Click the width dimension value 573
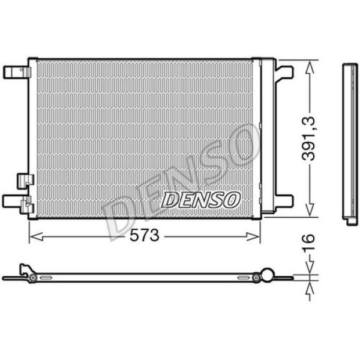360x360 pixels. pyautogui.click(x=145, y=235)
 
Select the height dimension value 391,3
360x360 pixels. pyautogui.click(x=310, y=139)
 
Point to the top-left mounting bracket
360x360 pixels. pyautogui.click(x=17, y=72)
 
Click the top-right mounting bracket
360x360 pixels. pyautogui.click(x=284, y=73)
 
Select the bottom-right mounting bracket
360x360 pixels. pyautogui.click(x=283, y=200)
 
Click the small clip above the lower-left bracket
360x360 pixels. pyautogui.click(x=25, y=179)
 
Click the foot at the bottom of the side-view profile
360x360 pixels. pyautogui.click(x=352, y=220)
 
